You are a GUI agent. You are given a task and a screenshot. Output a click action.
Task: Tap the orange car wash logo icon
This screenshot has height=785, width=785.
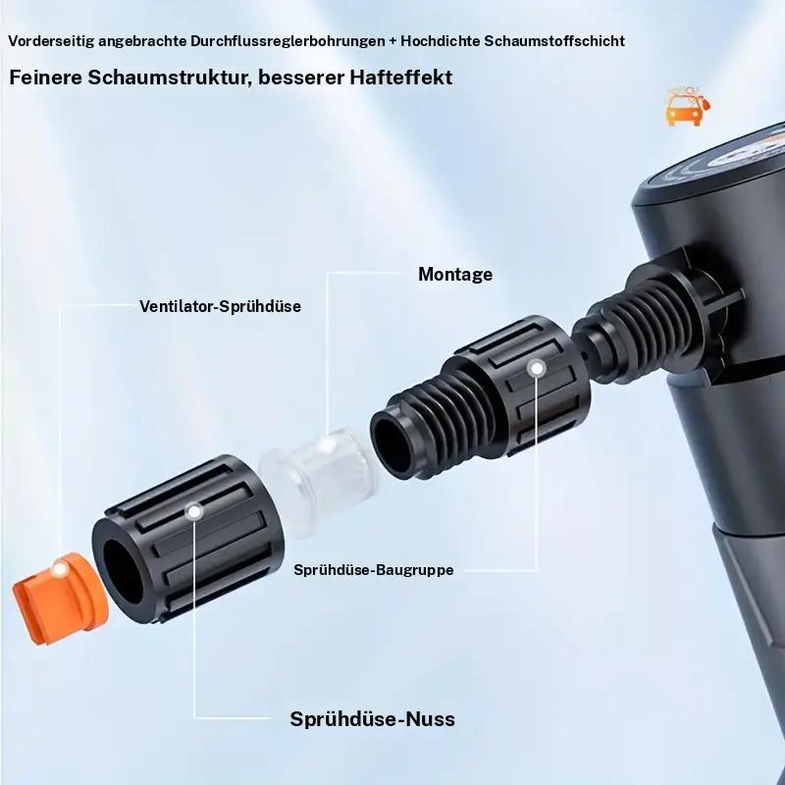pos(686,106)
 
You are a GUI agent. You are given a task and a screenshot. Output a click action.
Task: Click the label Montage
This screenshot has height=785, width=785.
pos(455,274)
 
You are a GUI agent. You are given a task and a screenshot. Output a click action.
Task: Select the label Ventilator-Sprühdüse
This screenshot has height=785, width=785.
pos(220,306)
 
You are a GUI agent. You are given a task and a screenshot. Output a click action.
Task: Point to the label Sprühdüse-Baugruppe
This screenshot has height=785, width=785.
pos(373,569)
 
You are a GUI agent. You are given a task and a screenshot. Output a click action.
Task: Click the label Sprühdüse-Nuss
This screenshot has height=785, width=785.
pos(373,719)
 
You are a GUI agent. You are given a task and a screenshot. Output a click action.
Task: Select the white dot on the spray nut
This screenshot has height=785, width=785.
pos(194,511)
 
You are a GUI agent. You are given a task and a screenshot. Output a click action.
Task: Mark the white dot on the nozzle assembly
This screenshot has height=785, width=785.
pos(536,369)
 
